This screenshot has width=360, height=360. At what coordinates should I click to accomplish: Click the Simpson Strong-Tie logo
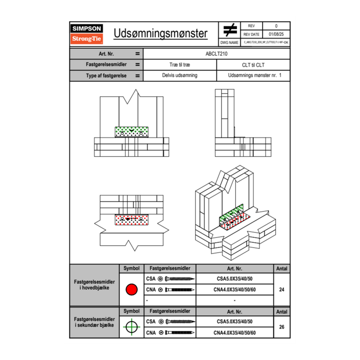click(87, 34)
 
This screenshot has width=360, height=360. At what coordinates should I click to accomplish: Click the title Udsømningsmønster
click(160, 34)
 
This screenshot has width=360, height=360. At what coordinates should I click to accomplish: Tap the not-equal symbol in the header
click(230, 30)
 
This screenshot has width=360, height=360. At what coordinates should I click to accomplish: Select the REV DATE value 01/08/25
click(276, 34)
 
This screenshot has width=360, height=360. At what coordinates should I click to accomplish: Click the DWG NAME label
click(229, 43)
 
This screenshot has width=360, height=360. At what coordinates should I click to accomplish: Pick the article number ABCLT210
click(216, 54)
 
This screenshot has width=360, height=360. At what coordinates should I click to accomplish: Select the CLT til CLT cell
click(253, 65)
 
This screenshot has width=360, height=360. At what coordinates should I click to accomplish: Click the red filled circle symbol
click(131, 290)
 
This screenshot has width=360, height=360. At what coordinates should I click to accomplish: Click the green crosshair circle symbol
click(131, 327)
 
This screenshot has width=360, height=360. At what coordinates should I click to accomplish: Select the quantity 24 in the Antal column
click(281, 290)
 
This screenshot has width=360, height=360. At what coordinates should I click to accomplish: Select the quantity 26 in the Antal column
click(281, 327)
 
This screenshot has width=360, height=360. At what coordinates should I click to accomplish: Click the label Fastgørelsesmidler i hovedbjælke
click(94, 285)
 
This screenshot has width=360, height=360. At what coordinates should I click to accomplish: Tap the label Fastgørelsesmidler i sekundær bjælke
click(94, 322)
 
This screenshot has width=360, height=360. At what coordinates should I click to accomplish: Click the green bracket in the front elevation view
click(131, 132)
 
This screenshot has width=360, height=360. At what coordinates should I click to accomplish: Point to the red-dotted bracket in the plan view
click(131, 219)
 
